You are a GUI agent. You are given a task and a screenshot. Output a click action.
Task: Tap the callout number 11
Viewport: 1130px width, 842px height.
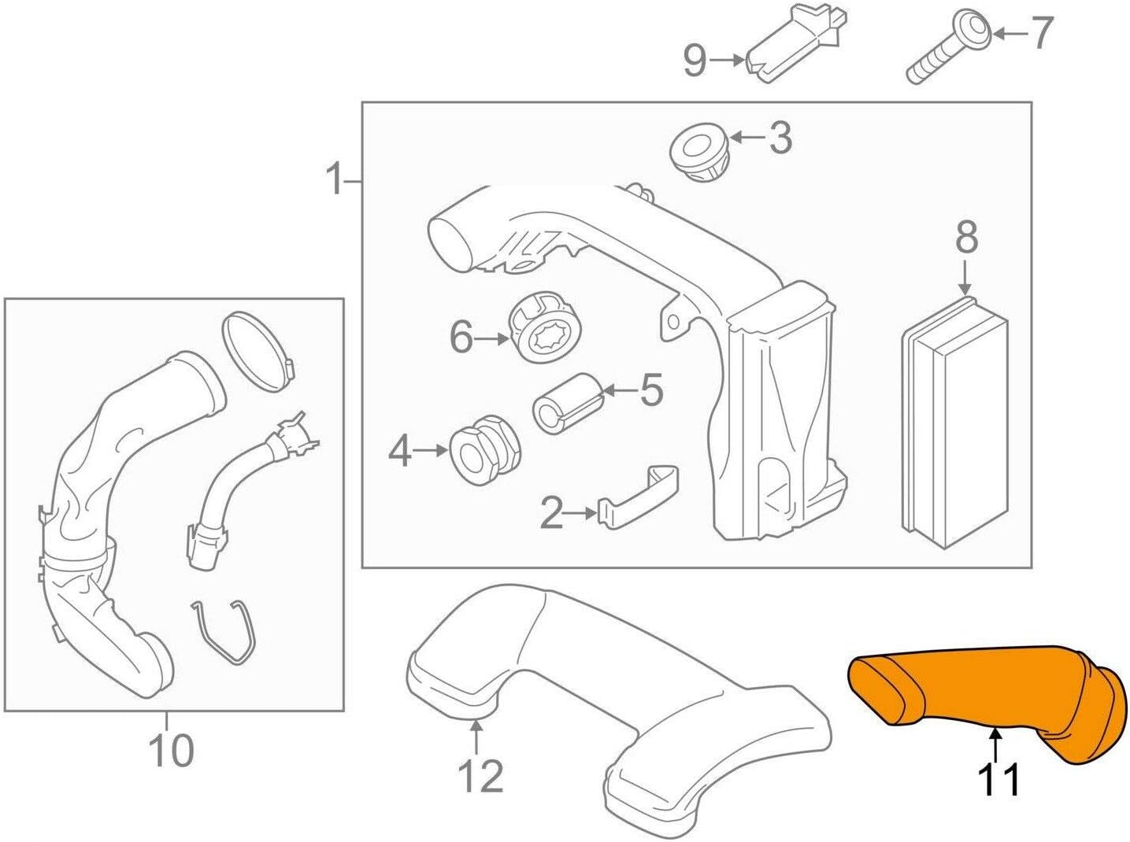click(998, 780)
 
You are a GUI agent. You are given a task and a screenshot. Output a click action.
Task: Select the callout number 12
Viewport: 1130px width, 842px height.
click(480, 777)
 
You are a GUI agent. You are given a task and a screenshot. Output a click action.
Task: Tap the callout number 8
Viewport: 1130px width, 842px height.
click(965, 237)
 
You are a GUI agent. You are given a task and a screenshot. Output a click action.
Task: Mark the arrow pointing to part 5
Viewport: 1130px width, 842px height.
click(618, 390)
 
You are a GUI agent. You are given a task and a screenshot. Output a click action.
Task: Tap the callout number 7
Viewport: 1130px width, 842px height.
click(1042, 33)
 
